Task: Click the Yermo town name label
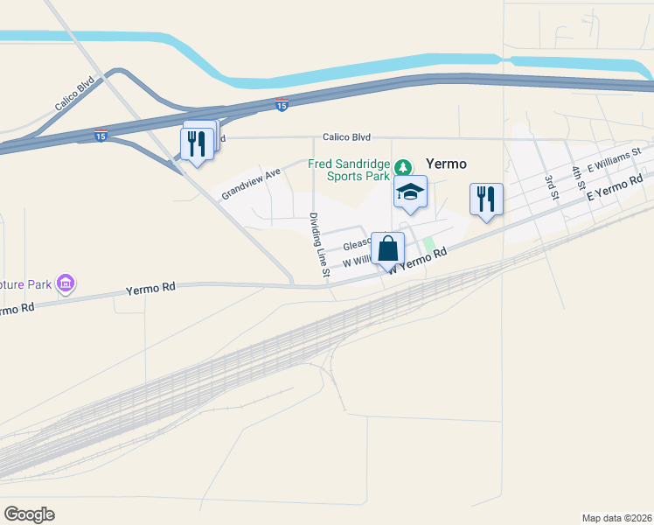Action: tap(446, 164)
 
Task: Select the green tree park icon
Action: tap(403, 166)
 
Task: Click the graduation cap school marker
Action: tap(409, 192)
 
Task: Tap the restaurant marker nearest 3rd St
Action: tap(486, 199)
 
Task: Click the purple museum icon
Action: tap(65, 283)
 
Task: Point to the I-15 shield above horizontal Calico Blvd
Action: tap(281, 105)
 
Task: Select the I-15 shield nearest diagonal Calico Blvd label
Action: tap(101, 136)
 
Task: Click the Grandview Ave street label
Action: tap(250, 184)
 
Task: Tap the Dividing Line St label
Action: tap(318, 246)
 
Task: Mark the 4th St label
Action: tap(578, 178)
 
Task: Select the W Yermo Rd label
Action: tap(419, 261)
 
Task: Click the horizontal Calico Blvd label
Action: tap(346, 137)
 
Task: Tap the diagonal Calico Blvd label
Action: tap(74, 95)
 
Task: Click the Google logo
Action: tap(29, 514)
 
